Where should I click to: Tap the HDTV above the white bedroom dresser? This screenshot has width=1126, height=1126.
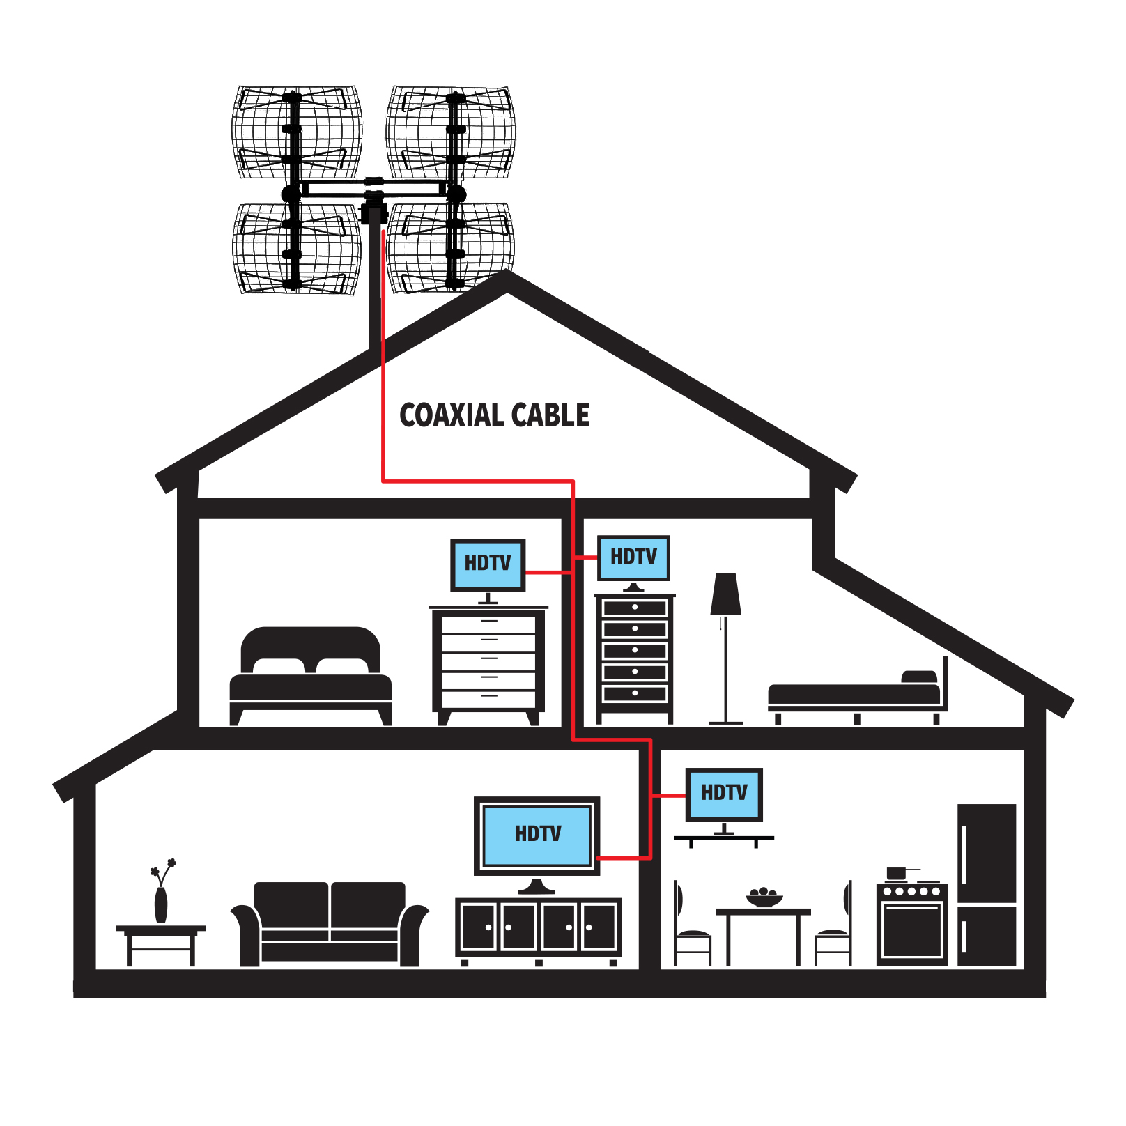(x=488, y=564)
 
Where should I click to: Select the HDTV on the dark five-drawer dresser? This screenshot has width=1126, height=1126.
(x=633, y=557)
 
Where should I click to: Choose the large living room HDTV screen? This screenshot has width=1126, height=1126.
(x=537, y=835)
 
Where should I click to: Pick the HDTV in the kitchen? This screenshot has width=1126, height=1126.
(x=724, y=794)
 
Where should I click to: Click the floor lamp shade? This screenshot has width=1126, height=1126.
(x=725, y=594)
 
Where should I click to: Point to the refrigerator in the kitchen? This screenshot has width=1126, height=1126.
(x=987, y=885)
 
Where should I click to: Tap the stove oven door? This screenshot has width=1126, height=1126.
(x=912, y=930)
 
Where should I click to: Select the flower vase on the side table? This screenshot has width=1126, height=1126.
(x=161, y=904)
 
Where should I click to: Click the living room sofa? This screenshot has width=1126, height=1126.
(x=330, y=923)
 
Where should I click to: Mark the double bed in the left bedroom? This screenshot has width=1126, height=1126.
(x=311, y=676)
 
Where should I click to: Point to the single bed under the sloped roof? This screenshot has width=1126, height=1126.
(x=856, y=695)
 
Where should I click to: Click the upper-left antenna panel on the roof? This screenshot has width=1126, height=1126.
(x=297, y=132)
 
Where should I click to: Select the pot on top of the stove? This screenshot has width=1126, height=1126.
(x=897, y=873)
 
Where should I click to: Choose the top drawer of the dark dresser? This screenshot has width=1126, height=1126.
(x=635, y=608)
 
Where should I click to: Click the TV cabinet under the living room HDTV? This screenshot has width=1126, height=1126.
(x=538, y=927)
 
